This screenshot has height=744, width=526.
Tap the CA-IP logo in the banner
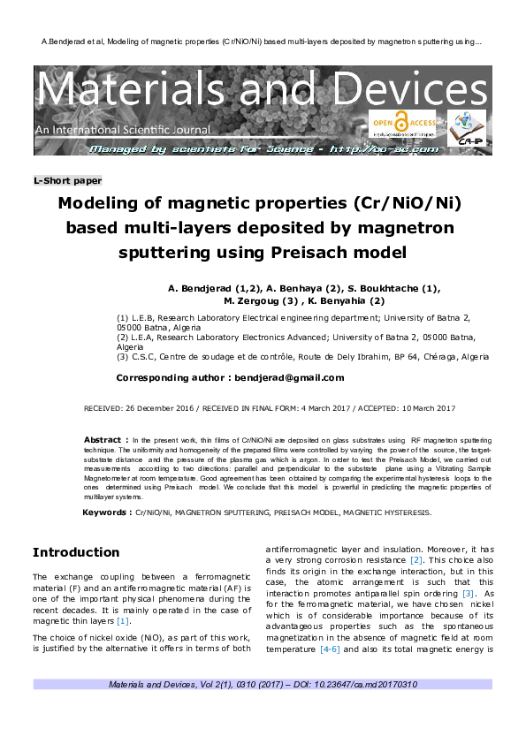tap(469, 128)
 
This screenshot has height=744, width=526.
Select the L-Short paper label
tap(68, 180)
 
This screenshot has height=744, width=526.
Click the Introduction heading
tap(76, 552)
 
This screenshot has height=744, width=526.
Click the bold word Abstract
tap(103, 439)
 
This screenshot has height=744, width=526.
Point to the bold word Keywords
tap(106, 512)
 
